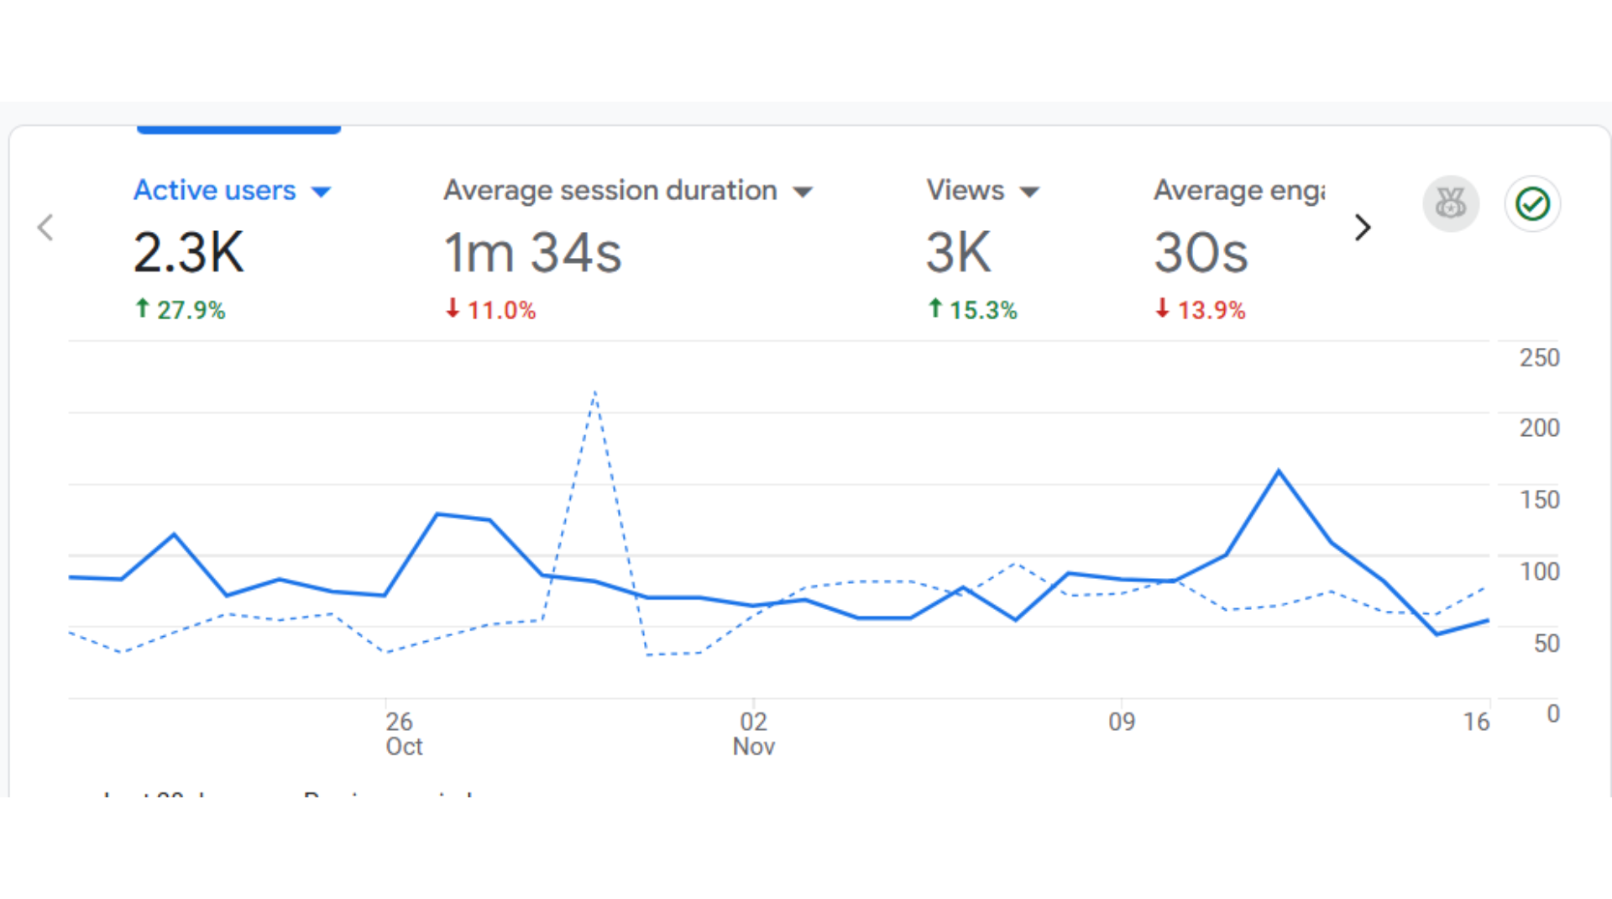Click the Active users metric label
click(215, 191)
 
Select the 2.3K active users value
click(189, 252)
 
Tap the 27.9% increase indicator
click(181, 310)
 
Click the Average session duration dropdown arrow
click(803, 192)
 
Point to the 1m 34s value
click(532, 252)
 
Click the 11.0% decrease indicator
click(491, 310)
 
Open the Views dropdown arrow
click(1030, 192)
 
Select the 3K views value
click(959, 252)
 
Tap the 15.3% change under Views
click(973, 310)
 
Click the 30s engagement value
click(1201, 252)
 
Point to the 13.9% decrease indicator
click(1201, 310)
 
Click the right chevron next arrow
click(1363, 227)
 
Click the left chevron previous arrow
click(46, 227)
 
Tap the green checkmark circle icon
click(1532, 203)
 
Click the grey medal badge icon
click(1451, 203)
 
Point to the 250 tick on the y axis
click(1539, 358)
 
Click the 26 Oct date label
click(403, 733)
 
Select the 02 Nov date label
click(753, 733)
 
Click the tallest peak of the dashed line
click(594, 392)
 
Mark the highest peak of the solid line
click(1279, 471)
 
